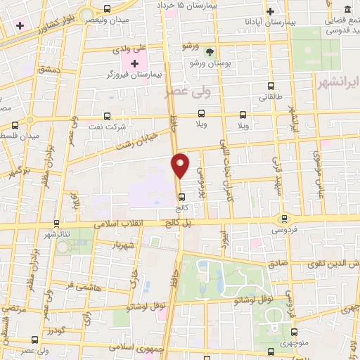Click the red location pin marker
pyautogui.click(x=181, y=165)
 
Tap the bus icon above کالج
pyautogui.click(x=182, y=197)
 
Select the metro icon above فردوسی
pyautogui.click(x=284, y=219)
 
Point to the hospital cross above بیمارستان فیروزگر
pyautogui.click(x=135, y=63)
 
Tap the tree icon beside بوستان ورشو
pyautogui.click(x=208, y=52)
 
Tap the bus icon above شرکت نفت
pyautogui.click(x=107, y=116)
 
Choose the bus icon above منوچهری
pyautogui.click(x=292, y=332)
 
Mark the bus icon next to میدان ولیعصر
pyautogui.click(x=106, y=9)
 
